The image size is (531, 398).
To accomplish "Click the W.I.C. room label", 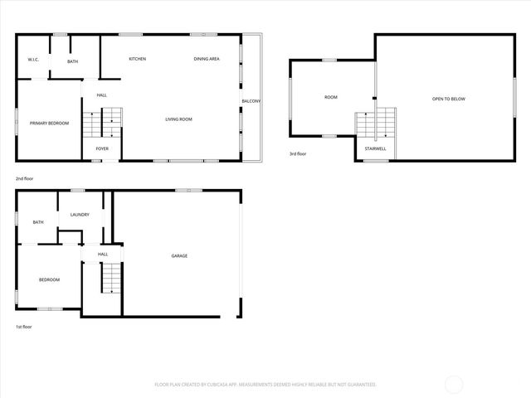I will pos(33,60).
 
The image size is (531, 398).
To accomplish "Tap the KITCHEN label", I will pos(138,59).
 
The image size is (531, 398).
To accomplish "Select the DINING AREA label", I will pos(207,59).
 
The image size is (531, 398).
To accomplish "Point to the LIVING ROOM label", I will pos(178,119).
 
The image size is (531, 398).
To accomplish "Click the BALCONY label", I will pos(251,101).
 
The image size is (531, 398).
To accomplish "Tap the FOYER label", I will pos(102,148).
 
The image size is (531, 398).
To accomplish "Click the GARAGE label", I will pos(179,255).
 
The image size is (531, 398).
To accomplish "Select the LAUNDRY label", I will pos(80,215).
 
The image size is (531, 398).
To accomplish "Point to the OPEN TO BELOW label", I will pos(448,99).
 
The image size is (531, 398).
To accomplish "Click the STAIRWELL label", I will pos(375,148).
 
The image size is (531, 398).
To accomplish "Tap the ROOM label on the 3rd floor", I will pos(331,98).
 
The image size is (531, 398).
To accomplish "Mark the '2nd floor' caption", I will pos(25,178).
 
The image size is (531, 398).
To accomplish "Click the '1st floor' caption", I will pos(24,327).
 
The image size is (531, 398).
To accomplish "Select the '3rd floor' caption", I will pos(299,154).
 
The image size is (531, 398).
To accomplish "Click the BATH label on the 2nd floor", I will pos(73,61).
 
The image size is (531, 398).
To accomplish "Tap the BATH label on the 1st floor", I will pos(38,222).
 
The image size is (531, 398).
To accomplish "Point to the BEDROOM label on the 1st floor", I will pos(50,279).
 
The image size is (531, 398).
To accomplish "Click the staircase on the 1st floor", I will pos(111,278).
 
